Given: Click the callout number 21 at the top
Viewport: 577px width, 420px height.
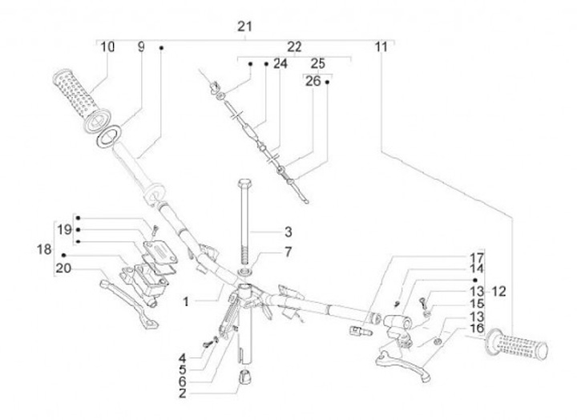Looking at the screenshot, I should (245, 26).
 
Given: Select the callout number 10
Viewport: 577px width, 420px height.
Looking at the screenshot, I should (107, 47).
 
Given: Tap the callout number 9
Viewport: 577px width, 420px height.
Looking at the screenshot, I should (141, 47).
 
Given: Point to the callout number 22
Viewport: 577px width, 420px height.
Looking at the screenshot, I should (294, 47).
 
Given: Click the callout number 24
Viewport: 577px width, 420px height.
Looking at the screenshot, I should (279, 63).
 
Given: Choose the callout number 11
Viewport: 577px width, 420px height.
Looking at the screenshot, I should (380, 47).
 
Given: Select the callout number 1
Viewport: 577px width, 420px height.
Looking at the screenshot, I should (185, 301).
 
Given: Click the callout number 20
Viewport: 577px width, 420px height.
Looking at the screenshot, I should (63, 269).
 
